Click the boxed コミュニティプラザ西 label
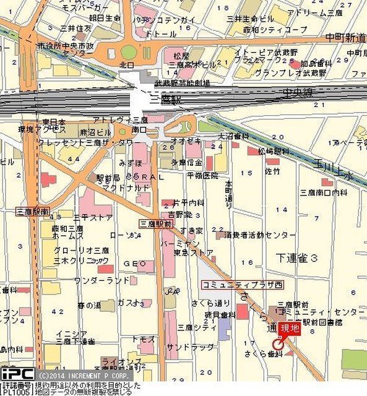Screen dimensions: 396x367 pos(233,285)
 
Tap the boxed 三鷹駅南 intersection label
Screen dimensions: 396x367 pos(33,211)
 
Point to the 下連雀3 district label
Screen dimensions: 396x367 pos(298,256)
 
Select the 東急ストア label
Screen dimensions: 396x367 pos(194,252)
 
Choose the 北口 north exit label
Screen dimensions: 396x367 pos(126,64)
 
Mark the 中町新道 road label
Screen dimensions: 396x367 pos(346,38)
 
